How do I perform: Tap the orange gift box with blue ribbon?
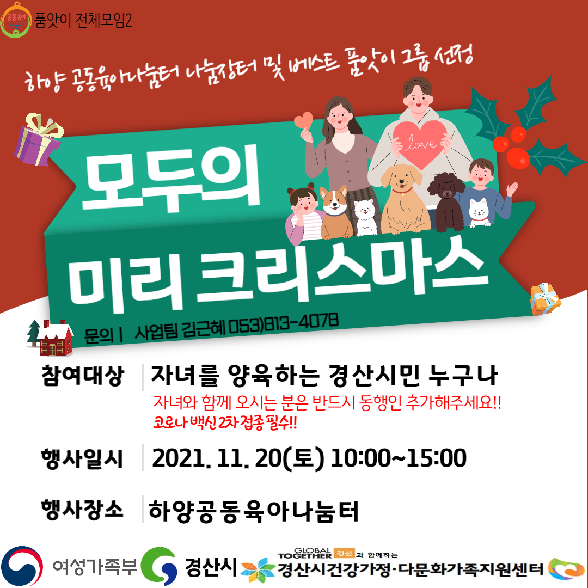(545, 299)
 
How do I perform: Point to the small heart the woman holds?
(303, 120)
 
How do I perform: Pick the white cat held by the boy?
(479, 212)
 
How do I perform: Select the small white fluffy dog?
(366, 217)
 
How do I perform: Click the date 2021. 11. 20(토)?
(238, 458)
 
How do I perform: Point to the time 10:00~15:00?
(399, 458)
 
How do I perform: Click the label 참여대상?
(83, 375)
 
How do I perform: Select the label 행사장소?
(82, 510)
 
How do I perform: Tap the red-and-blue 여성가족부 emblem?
(22, 566)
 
